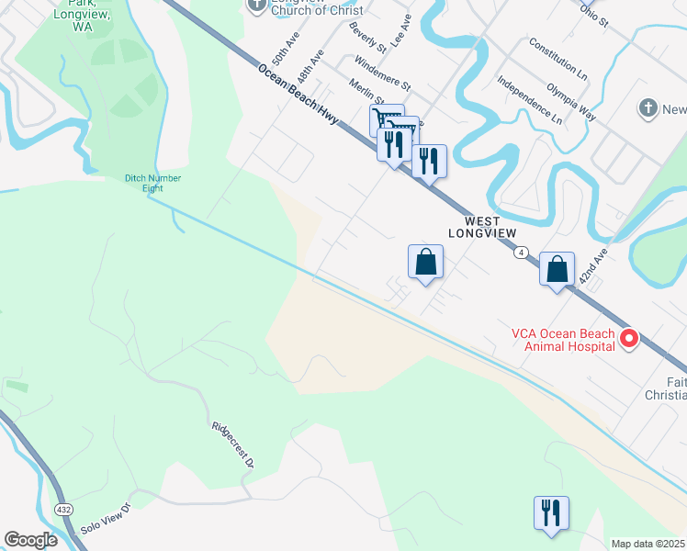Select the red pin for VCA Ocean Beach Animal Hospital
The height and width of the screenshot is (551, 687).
coord(629,339)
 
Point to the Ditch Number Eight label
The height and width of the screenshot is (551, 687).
coord(153,184)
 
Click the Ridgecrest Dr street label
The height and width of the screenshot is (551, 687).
coord(232,445)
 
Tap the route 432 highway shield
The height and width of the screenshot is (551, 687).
coord(62,508)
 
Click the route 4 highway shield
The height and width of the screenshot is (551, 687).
coord(521,253)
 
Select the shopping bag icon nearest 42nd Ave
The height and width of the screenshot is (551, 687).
coord(557,269)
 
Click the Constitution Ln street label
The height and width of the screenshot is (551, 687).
coord(557,56)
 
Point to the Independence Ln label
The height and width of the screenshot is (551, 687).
coord(530,99)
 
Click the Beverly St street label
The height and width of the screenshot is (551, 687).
coord(367,32)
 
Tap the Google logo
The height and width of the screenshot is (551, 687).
coord(30,540)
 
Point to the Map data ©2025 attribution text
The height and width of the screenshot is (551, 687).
coord(648,544)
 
